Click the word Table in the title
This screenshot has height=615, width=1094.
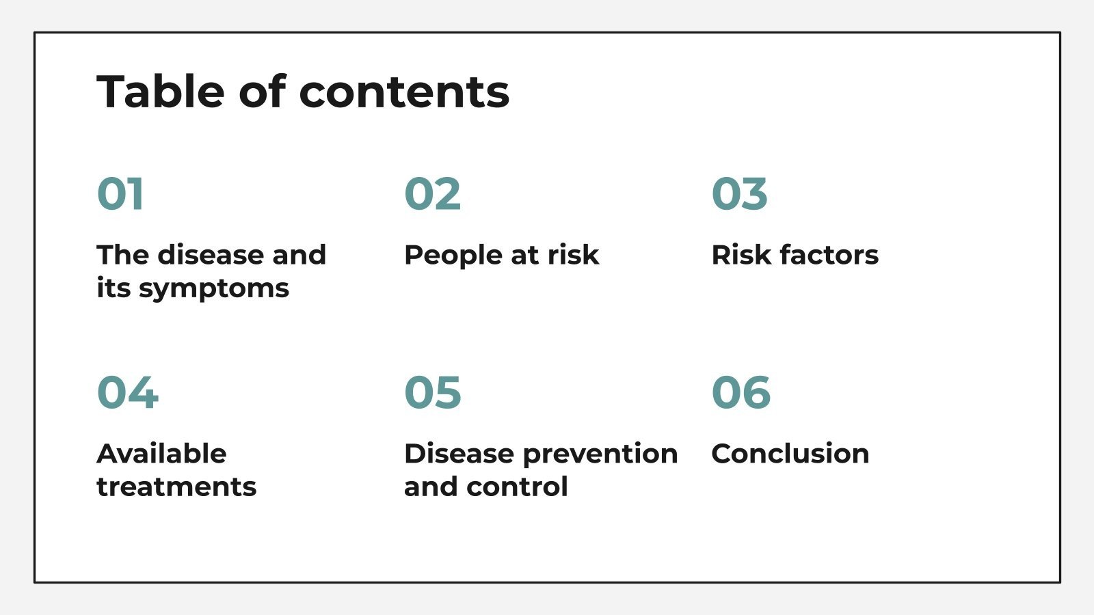point(161,92)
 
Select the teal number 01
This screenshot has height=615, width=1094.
point(120,194)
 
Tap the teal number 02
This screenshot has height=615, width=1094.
point(432,194)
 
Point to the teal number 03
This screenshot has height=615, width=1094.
point(739,194)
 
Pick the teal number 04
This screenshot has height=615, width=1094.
point(128,393)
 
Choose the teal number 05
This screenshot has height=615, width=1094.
point(432,393)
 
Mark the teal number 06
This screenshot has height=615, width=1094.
point(741,393)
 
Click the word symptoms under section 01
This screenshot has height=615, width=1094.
point(214,289)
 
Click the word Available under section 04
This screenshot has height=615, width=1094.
point(161,454)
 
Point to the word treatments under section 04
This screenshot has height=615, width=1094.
point(176,487)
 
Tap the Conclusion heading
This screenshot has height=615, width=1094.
point(790,454)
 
